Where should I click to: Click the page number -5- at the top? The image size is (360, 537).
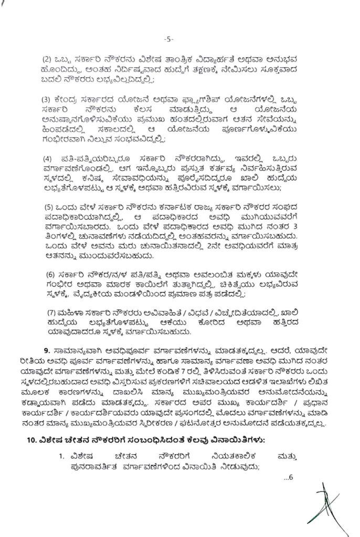click(x=168, y=39)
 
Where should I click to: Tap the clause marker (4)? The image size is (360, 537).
click(x=46, y=158)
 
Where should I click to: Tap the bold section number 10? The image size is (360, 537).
click(x=33, y=438)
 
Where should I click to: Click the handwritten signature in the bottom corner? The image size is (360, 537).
click(x=326, y=503)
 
